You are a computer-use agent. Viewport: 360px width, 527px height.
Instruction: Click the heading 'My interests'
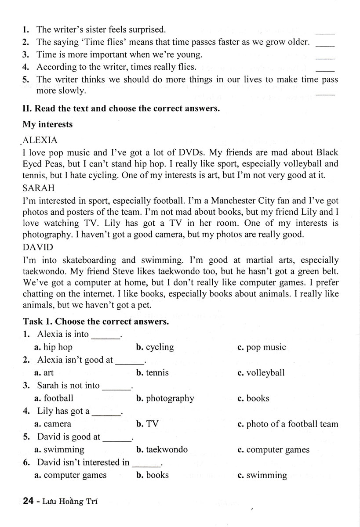[x=47, y=124]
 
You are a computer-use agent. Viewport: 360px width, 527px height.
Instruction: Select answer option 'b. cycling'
[x=155, y=347]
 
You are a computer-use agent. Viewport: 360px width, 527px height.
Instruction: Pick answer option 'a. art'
[x=44, y=373]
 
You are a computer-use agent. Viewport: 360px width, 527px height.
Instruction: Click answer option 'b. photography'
[x=165, y=398]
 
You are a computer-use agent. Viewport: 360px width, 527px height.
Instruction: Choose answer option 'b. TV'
[x=147, y=424]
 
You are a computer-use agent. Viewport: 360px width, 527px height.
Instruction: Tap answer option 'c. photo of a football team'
[x=287, y=424]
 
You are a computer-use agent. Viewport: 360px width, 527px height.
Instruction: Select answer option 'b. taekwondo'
[x=162, y=450]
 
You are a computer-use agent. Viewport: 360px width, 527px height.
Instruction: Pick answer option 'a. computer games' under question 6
[x=70, y=475]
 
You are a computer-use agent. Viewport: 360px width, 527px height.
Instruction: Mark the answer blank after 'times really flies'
[x=325, y=69]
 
